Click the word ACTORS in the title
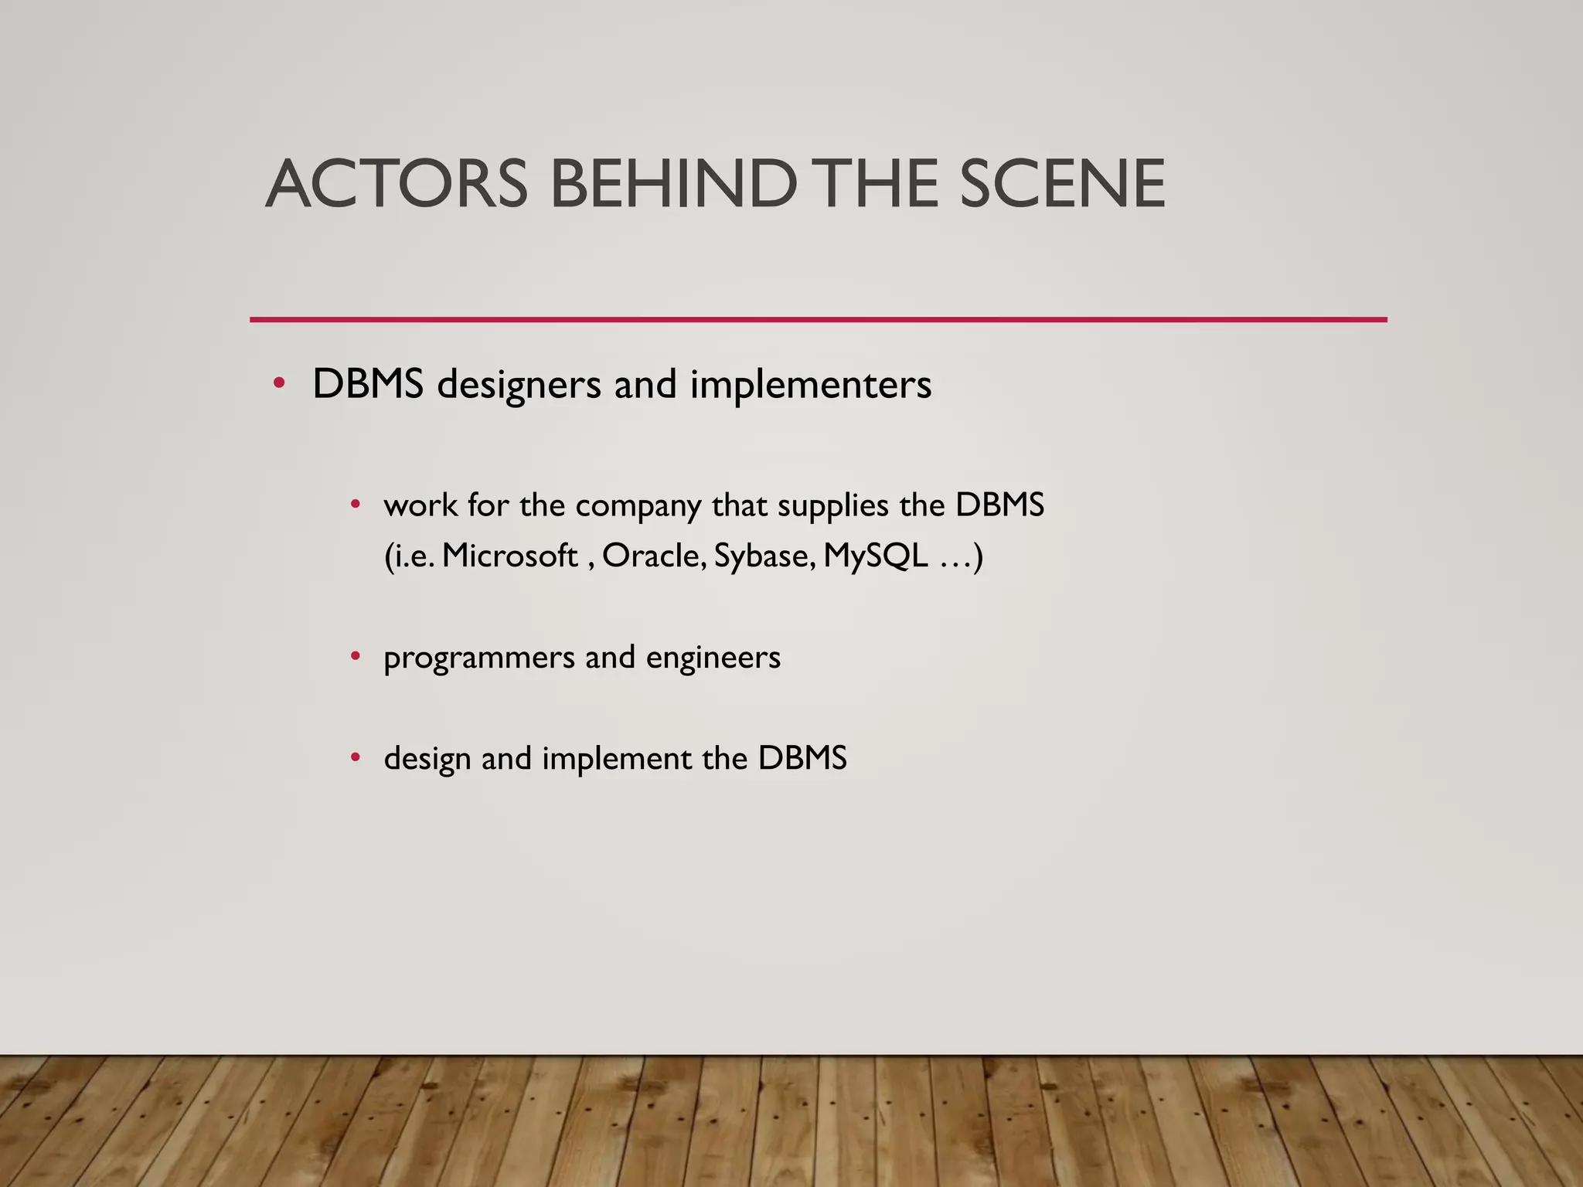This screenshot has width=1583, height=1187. coord(397,184)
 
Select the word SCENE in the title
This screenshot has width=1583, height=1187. coord(1062,184)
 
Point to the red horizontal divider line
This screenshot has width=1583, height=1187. coord(818,319)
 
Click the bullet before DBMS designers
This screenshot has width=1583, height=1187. coord(279,383)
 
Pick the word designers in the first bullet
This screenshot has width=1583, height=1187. coord(519,385)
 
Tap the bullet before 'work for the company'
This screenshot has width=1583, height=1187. coord(355,505)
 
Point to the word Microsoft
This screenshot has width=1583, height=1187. coord(509,556)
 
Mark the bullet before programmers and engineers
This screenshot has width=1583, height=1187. coord(355,657)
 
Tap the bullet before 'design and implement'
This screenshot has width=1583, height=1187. coord(355,757)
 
